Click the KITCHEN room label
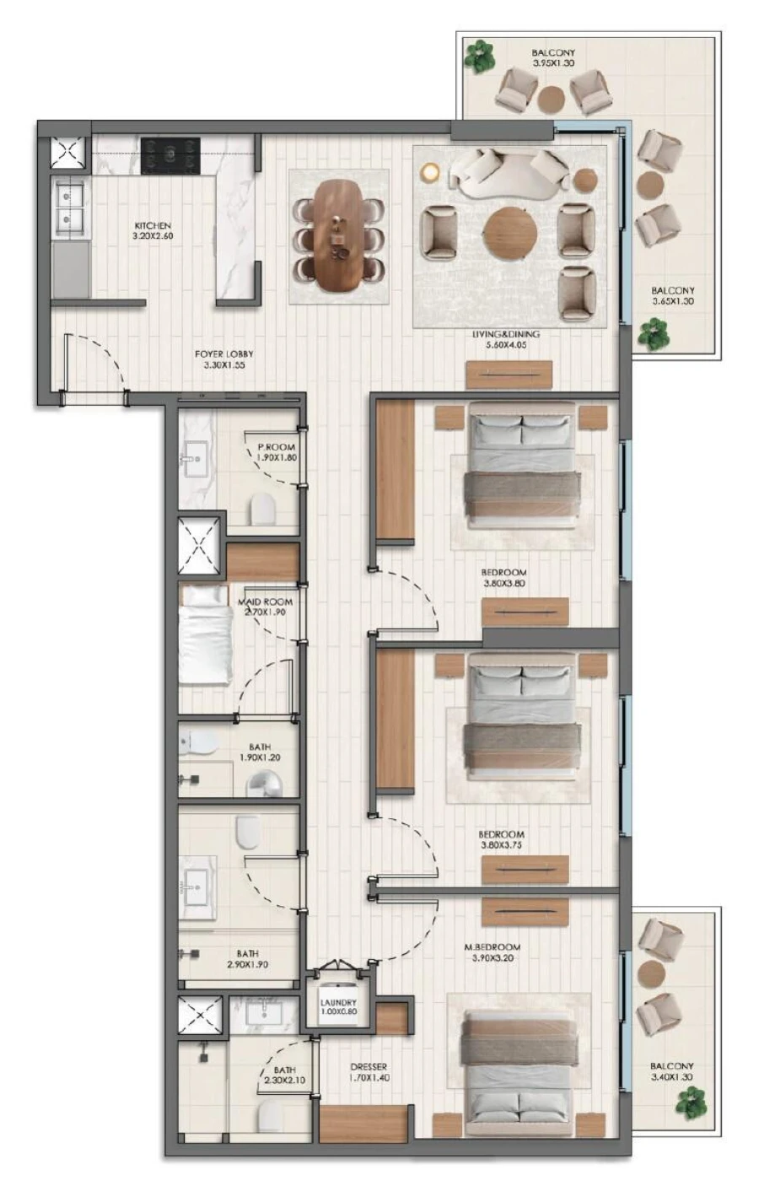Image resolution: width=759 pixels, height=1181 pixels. (x=153, y=226)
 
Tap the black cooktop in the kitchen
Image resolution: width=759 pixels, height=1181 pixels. (x=170, y=156)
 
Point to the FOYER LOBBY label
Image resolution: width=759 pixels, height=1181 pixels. (x=223, y=354)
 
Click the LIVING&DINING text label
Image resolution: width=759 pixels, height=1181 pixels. (x=505, y=334)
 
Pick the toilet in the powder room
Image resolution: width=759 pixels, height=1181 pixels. (x=263, y=509)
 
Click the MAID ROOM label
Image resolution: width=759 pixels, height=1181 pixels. (x=266, y=602)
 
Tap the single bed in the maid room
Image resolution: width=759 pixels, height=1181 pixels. (x=205, y=634)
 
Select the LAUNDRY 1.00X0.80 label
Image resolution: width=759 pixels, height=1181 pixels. (x=338, y=1007)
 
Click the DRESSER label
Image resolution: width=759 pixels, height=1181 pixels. (x=369, y=1067)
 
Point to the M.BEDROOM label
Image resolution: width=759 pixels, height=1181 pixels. (x=493, y=947)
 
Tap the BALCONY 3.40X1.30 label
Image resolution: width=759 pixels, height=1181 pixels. (x=672, y=1071)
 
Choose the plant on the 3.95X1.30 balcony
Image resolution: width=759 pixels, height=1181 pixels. (x=480, y=56)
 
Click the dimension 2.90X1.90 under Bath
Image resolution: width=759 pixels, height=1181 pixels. (x=247, y=964)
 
